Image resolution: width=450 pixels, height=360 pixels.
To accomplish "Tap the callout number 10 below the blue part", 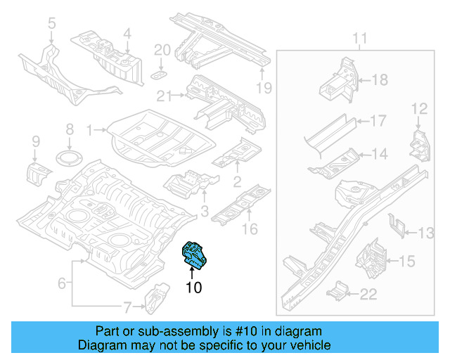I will (x=193, y=287).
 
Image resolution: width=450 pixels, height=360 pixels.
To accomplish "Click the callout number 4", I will (x=127, y=33).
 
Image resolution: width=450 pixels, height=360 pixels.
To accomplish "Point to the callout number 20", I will (x=162, y=50).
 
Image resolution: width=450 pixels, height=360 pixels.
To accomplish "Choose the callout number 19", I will (x=263, y=88).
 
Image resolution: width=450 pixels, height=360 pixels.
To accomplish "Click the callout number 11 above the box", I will (x=360, y=37).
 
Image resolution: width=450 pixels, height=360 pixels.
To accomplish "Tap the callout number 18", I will (x=379, y=80).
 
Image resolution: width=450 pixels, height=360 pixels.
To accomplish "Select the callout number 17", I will (x=378, y=121).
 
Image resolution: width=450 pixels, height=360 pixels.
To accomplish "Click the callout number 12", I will (x=419, y=108).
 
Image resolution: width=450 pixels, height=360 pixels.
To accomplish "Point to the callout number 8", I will (x=70, y=129).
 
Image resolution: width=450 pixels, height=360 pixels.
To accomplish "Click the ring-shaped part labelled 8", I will (x=70, y=156).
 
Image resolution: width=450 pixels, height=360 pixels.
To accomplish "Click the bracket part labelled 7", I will (x=155, y=299).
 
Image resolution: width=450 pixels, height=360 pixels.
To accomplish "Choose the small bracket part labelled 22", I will (x=340, y=289).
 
